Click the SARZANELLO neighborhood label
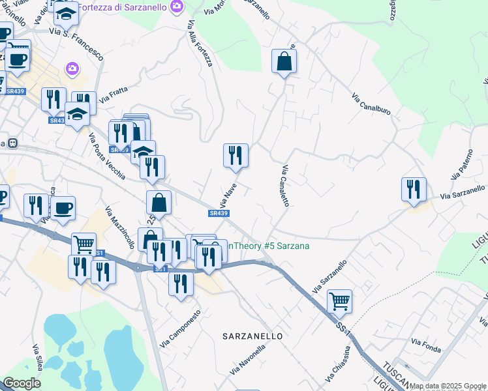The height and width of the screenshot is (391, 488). pyautogui.click(x=252, y=336)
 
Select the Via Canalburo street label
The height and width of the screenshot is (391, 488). pyautogui.click(x=371, y=104)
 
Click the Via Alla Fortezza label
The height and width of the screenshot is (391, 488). pyautogui.click(x=200, y=43)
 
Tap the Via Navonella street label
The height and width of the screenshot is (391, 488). pyautogui.click(x=248, y=360)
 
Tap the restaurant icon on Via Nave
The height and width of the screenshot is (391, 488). pyautogui.click(x=236, y=155)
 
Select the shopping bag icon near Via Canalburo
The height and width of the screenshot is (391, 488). pyautogui.click(x=284, y=61)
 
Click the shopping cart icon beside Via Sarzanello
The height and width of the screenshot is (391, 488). pyautogui.click(x=339, y=301)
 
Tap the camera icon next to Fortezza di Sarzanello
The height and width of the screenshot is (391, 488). pyautogui.click(x=175, y=7)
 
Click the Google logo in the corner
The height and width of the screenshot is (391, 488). pyautogui.click(x=22, y=383)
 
